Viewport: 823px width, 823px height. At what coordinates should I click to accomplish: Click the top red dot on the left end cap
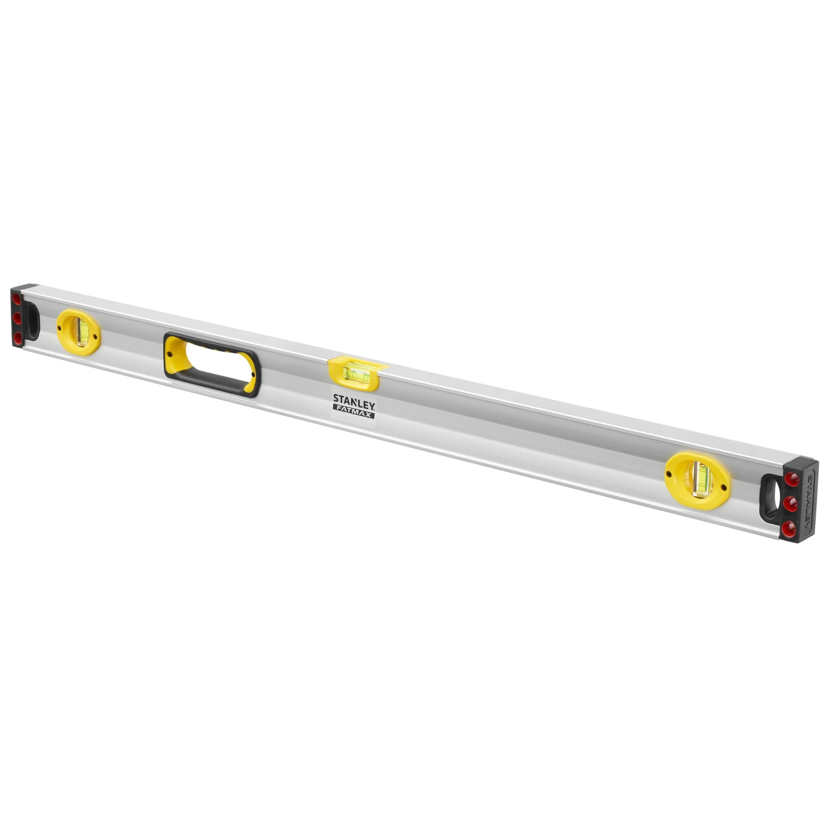click(16, 300)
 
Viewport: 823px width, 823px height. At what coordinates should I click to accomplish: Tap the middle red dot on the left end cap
click(16, 318)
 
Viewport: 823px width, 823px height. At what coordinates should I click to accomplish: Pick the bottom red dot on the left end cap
click(17, 337)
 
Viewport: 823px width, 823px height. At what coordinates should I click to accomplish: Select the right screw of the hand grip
click(254, 375)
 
